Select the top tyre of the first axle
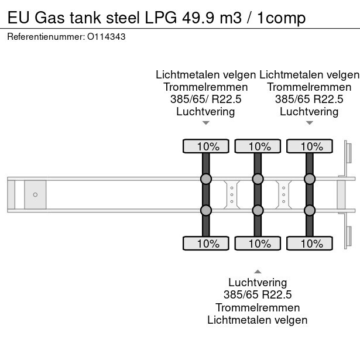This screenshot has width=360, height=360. (206, 146)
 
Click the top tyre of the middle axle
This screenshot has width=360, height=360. (258, 146)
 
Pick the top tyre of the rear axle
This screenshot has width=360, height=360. (309, 146)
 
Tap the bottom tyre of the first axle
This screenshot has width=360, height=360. (206, 243)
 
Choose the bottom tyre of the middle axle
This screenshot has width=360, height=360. (258, 243)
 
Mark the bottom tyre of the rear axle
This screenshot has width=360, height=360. (309, 243)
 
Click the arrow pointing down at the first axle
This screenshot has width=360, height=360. (205, 123)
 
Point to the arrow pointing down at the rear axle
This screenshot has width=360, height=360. (309, 123)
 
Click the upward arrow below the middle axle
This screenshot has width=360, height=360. (258, 271)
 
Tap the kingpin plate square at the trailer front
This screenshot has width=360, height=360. (35, 194)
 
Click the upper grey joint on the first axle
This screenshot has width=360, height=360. (206, 179)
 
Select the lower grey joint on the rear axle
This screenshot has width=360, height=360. (309, 210)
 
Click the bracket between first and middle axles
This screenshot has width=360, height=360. (232, 194)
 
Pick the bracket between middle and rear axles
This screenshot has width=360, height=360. (283, 194)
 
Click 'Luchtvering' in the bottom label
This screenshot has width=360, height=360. (258, 283)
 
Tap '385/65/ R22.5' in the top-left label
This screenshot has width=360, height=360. (205, 99)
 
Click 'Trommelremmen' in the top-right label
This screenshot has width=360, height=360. (309, 87)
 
